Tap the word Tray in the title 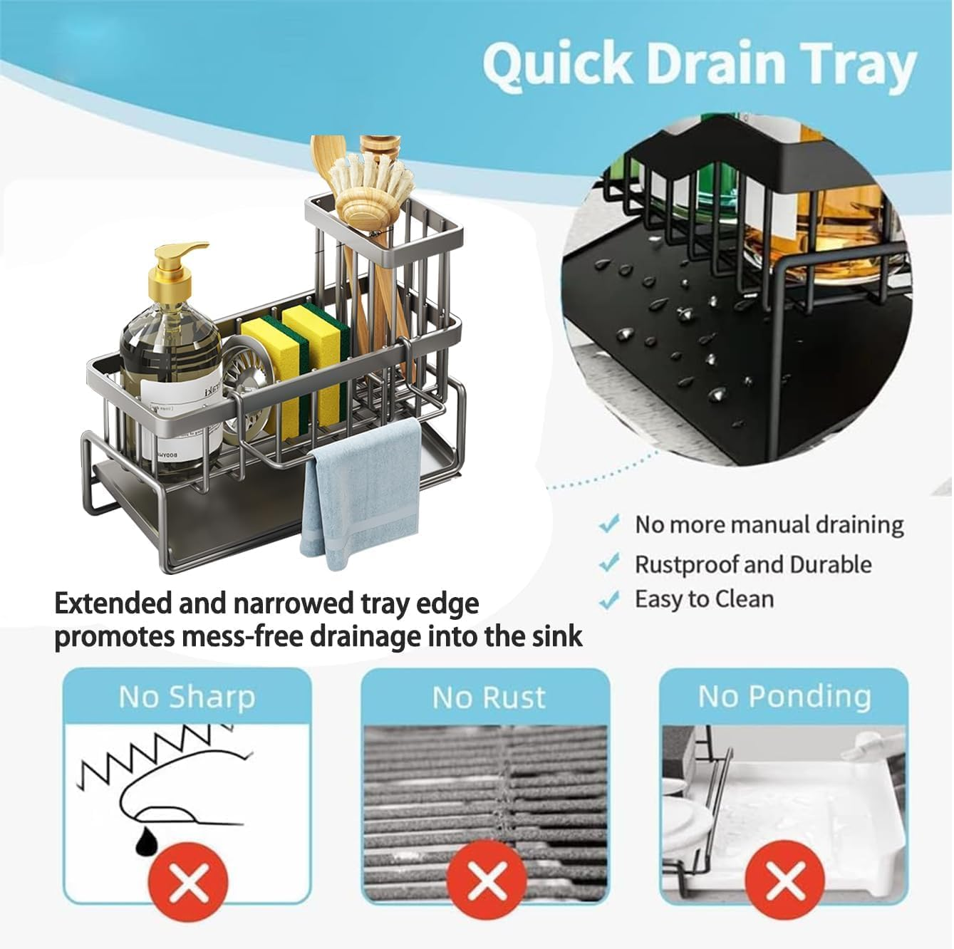(x=856, y=66)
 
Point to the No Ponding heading (x=784, y=696)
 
